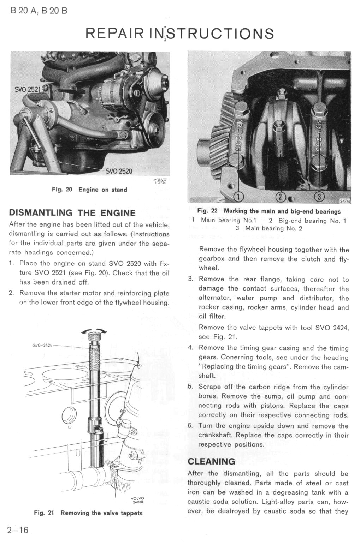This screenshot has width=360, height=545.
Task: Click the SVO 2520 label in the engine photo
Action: [x=119, y=172]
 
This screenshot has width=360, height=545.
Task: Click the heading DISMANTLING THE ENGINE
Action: [x=72, y=213]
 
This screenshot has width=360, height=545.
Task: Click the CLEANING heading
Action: [x=211, y=461]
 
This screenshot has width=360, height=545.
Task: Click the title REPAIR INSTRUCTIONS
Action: [x=180, y=34]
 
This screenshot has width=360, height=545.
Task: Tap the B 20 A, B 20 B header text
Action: [x=39, y=11]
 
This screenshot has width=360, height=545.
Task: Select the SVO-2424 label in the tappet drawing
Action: [x=42, y=345]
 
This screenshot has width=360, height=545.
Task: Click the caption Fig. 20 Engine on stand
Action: [x=89, y=190]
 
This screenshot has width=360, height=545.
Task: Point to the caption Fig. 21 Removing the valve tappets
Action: [x=88, y=513]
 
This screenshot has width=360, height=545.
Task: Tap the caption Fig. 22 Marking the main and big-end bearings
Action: [x=269, y=211]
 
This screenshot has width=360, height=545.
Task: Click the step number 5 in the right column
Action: [x=190, y=387]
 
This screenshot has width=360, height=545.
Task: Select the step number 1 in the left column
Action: [x=11, y=263]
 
